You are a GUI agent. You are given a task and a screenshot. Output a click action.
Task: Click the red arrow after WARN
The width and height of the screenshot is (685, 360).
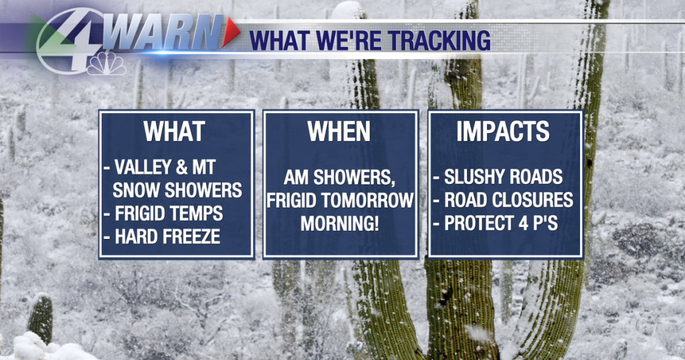(x=230, y=32)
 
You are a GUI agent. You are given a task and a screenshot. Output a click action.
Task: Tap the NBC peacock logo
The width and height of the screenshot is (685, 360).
(x=106, y=64)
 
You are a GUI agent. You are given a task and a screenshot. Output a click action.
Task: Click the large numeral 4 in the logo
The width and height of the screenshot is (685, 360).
(x=72, y=40)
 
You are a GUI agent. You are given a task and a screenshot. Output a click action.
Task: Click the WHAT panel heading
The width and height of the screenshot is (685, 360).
(x=175, y=131)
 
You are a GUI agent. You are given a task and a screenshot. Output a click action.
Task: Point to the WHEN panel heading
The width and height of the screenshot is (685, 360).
(x=338, y=131)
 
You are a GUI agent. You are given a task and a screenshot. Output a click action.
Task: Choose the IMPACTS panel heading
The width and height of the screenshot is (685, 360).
(x=503, y=131)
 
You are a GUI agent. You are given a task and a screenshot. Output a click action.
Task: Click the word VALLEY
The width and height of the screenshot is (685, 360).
(x=142, y=167)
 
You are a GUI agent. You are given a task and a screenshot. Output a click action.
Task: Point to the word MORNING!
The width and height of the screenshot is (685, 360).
(x=339, y=223)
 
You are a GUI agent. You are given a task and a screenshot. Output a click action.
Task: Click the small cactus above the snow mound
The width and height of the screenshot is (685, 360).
(x=40, y=317)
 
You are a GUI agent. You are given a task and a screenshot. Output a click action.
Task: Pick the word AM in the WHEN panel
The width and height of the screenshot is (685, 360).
(x=296, y=177)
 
